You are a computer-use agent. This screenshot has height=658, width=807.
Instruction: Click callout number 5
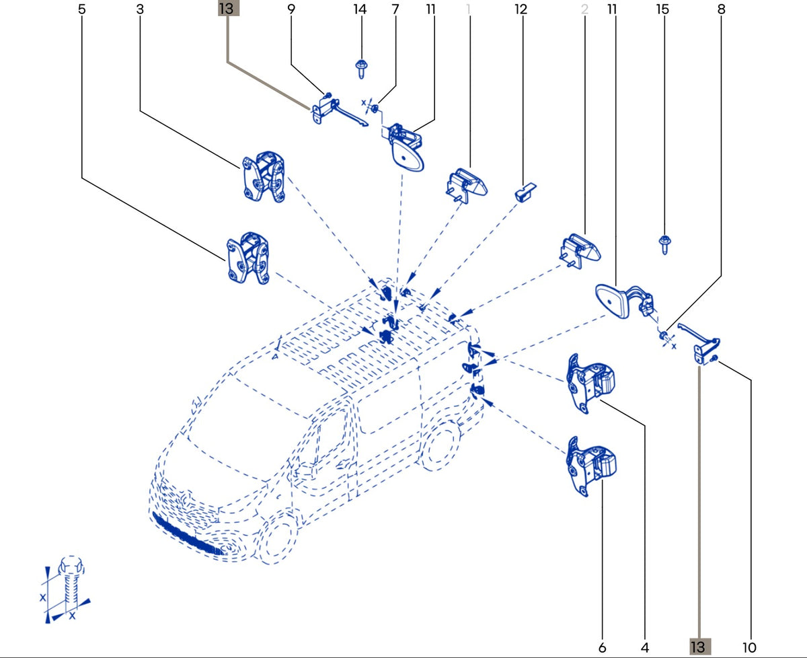point(82,9)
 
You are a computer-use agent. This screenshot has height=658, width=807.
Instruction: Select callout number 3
point(140,9)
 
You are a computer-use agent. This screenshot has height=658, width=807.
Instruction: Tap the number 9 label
point(291,9)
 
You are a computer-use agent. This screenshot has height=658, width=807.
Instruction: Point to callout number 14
point(360,9)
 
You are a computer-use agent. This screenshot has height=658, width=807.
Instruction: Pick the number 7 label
point(395,9)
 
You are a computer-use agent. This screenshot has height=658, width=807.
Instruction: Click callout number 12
point(521,9)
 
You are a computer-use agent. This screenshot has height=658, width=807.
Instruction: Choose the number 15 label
point(662,9)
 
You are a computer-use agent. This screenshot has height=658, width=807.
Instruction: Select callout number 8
point(721,9)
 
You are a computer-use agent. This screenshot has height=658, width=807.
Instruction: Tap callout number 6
point(602,648)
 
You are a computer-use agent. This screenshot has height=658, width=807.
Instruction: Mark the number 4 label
point(645,648)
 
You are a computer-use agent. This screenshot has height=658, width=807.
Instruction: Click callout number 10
point(749,648)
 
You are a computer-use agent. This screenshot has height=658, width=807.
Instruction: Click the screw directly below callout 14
point(361,69)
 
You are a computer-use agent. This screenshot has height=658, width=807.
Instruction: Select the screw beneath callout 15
point(664,244)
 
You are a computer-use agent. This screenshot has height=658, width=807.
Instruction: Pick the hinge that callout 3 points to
point(263,176)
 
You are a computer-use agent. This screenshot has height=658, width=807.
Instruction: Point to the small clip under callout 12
point(525,192)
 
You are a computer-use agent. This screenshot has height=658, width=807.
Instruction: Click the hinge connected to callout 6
point(590,466)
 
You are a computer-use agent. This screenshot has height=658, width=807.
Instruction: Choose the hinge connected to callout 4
point(590,383)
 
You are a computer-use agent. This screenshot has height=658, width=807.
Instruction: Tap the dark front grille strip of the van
point(186,535)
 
